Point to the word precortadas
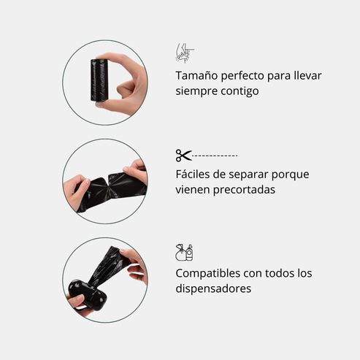pyautogui.click(x=245, y=190)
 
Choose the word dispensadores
pyautogui.click(x=213, y=288)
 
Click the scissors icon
pyautogui.click(x=183, y=155)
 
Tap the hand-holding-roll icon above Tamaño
pyautogui.click(x=185, y=53)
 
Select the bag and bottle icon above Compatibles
pyautogui.click(x=184, y=252)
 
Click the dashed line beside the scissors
pyautogui.click(x=215, y=156)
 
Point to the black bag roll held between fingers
pyautogui.click(x=99, y=80)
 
